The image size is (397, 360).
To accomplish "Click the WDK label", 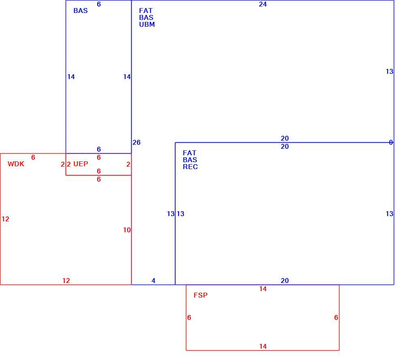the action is [x=16, y=164].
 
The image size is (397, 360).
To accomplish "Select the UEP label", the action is [x=81, y=164].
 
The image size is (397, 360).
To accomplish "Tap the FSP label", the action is [x=201, y=295].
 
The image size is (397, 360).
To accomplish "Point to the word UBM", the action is [x=147, y=24].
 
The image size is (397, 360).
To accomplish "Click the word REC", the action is [x=190, y=167].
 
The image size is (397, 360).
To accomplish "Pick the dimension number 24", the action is [x=263, y=4].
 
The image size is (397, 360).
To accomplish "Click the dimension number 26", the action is [x=137, y=142].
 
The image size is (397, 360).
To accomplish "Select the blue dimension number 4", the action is [x=154, y=281].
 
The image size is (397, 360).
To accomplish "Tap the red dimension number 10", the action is [x=127, y=230].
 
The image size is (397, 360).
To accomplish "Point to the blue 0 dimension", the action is [x=391, y=142].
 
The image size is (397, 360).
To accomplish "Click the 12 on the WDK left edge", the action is [x=5, y=219].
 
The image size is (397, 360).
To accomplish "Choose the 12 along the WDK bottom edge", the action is [x=66, y=281].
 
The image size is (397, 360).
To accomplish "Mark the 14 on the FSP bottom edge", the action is [x=263, y=346].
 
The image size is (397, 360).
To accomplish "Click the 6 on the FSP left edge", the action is [x=189, y=317].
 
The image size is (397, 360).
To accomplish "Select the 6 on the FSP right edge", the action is [x=336, y=317].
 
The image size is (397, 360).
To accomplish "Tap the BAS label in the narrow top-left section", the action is [x=81, y=11].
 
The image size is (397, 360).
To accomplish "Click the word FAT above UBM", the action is [x=146, y=11].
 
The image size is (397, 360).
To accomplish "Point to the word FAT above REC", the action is [x=190, y=153].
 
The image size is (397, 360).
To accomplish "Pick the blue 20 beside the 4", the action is [x=284, y=281].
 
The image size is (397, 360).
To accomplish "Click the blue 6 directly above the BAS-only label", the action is [x=99, y=4].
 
